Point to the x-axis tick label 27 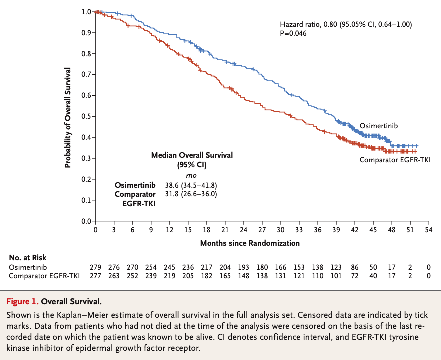(x=262, y=230)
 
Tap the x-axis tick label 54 (x=428, y=230)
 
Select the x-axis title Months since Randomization (x=250, y=243)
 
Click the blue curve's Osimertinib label (x=378, y=126)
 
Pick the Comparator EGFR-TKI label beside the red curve (x=395, y=160)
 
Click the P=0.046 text (x=293, y=33)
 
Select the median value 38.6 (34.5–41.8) (x=192, y=185)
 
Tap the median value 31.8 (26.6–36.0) (x=192, y=194)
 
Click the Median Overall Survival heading (x=192, y=155)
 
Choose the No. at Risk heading (x=28, y=258)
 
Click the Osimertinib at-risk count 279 (x=95, y=268)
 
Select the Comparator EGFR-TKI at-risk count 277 (x=95, y=276)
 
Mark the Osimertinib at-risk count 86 (x=354, y=268)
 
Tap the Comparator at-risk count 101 (x=336, y=276)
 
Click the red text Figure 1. (x=22, y=302)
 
